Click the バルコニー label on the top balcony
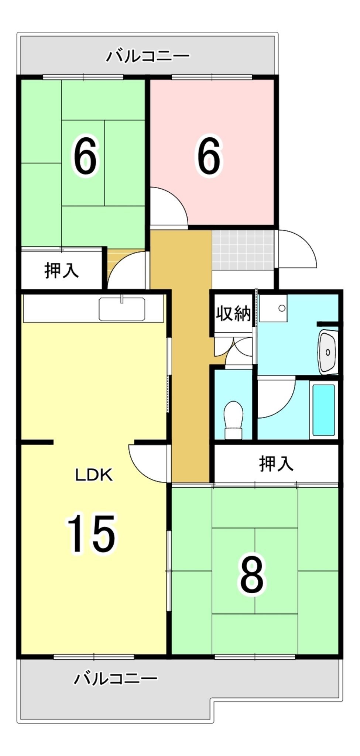click(148, 56)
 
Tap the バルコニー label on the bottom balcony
click(116, 678)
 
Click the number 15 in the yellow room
click(91, 533)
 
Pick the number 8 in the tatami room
click(253, 575)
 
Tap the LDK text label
click(94, 475)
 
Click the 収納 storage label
click(233, 314)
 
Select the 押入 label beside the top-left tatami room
click(62, 271)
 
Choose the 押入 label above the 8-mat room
click(276, 464)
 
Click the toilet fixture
click(233, 420)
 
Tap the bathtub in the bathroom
click(324, 410)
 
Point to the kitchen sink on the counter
click(122, 309)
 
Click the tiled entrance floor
click(243, 250)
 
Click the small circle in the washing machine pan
click(282, 308)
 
